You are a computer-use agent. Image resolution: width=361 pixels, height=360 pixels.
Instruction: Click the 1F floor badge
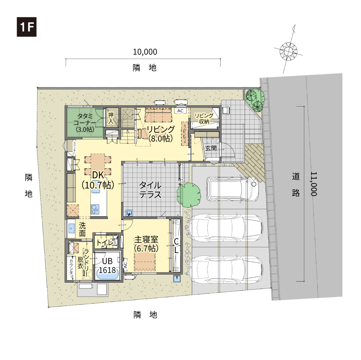tap(27, 27)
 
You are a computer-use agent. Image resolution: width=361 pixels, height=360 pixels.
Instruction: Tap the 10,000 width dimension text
tap(145, 52)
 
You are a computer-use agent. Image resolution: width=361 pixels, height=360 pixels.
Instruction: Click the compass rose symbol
tap(288, 51)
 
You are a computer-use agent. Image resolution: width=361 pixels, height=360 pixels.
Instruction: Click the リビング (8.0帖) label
tap(161, 134)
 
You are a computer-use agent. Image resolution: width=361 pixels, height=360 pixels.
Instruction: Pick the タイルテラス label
tap(150, 190)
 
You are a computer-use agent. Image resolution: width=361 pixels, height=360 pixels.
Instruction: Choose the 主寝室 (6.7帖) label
tap(146, 244)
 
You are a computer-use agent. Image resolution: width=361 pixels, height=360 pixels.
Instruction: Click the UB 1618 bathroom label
tap(107, 266)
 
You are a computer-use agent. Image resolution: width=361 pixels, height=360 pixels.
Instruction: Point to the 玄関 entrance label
tap(211, 148)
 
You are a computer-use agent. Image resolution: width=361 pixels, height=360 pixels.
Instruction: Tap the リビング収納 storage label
tap(204, 118)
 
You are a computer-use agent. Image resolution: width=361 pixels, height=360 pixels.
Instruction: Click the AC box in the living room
tap(180, 111)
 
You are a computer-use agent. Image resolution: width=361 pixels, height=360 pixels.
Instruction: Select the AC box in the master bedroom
tap(126, 265)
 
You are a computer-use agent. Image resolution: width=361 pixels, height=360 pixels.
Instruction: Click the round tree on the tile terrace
tap(189, 194)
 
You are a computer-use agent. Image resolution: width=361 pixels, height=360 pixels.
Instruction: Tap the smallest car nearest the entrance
tap(231, 189)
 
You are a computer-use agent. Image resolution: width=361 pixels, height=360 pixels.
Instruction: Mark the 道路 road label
tap(296, 184)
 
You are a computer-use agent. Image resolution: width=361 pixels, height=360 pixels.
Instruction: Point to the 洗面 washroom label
tap(82, 229)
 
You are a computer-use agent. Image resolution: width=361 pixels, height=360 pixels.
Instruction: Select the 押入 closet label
tap(111, 118)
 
